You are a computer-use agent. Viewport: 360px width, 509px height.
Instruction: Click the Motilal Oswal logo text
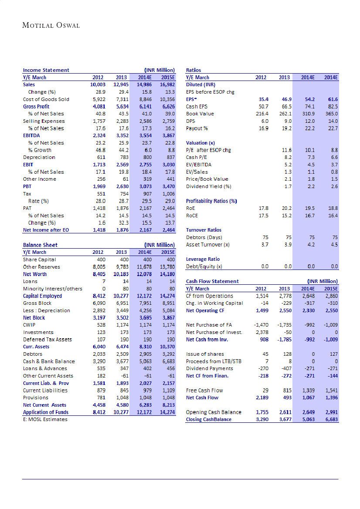(x=51, y=25)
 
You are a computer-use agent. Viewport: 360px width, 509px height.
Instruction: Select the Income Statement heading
(x=46, y=70)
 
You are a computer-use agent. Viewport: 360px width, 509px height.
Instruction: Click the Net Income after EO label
(x=46, y=230)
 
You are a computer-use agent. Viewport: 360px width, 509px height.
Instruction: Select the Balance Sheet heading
(x=40, y=245)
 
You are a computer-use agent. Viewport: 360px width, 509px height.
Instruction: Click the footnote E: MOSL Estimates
(x=45, y=419)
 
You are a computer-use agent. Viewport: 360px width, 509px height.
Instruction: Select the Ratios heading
(x=194, y=70)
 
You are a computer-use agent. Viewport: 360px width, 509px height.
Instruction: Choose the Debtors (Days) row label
(x=204, y=237)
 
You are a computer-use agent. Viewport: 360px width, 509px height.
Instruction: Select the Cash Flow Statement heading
(x=212, y=281)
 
